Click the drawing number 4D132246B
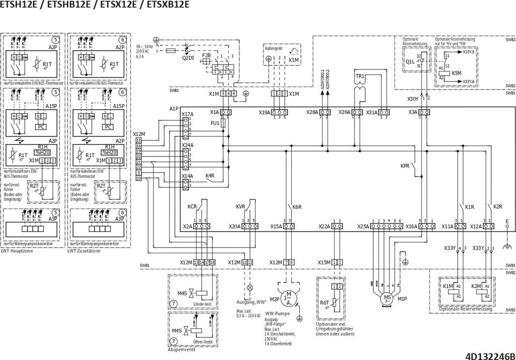point(490,355)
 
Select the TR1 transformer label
point(360,76)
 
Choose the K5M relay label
point(457,73)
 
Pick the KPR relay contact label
point(405,166)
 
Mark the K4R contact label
point(210,176)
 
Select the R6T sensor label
point(325,303)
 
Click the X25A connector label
point(363,227)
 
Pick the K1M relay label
point(447,286)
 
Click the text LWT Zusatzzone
point(82,251)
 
